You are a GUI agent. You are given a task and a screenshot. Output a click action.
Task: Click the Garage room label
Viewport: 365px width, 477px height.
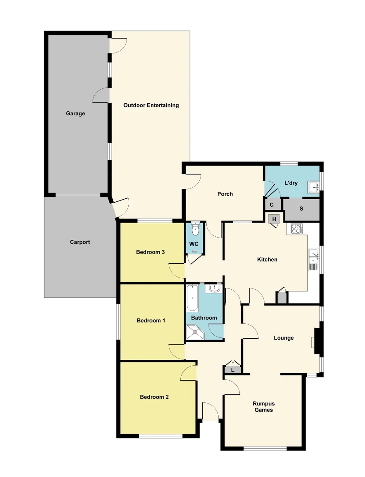click(75, 114)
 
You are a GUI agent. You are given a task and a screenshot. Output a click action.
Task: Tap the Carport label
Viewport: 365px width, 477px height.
click(80, 242)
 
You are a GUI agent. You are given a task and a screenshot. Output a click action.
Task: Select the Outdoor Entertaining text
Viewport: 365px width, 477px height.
click(151, 105)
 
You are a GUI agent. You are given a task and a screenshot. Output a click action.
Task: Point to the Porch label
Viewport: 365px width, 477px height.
click(225, 194)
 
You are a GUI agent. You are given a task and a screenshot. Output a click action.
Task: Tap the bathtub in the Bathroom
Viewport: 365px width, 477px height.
click(192, 298)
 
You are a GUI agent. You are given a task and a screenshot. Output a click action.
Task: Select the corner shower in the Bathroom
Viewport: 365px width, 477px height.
click(195, 333)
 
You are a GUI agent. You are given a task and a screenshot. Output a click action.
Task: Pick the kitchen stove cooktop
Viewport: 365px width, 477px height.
click(297, 229)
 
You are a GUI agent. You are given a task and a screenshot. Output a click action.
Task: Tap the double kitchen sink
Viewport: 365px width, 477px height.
click(313, 259)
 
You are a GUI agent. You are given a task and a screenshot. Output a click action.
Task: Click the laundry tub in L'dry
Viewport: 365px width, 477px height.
click(314, 187)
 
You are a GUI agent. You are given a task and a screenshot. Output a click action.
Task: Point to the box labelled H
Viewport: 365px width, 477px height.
click(274, 219)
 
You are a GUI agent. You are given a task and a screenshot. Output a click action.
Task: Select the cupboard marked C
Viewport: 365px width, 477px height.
click(272, 204)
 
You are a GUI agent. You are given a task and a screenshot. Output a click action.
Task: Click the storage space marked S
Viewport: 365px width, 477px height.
click(302, 209)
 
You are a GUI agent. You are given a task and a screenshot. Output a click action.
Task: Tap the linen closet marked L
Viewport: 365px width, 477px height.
click(232, 370)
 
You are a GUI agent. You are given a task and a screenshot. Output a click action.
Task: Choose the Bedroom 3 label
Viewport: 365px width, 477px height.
click(150, 252)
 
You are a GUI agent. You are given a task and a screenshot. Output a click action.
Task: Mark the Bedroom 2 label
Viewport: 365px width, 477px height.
click(154, 397)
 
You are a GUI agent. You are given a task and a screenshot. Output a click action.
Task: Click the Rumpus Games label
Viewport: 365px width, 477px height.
click(263, 407)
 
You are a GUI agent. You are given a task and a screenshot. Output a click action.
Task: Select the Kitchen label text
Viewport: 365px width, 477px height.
click(267, 259)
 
